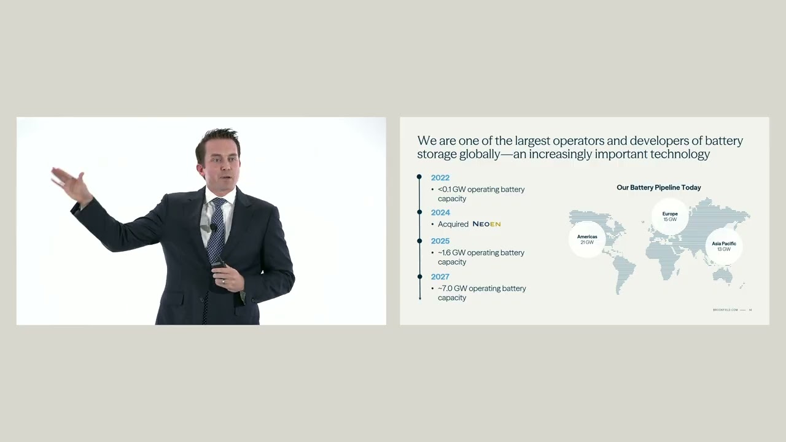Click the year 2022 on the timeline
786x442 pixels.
click(440, 178)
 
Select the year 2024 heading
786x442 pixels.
click(440, 213)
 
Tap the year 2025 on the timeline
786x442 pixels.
click(440, 241)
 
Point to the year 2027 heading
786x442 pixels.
click(440, 277)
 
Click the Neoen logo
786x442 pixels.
click(486, 224)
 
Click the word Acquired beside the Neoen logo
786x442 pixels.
click(453, 224)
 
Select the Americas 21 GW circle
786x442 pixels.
click(587, 239)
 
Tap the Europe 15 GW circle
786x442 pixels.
click(670, 216)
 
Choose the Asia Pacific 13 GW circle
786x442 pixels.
click(724, 246)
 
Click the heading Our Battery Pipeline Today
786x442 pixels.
click(658, 187)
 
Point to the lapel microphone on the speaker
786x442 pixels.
click(213, 227)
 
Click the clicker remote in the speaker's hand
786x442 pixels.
click(219, 265)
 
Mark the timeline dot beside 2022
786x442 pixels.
click(419, 177)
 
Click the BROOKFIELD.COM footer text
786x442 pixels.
click(725, 310)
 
